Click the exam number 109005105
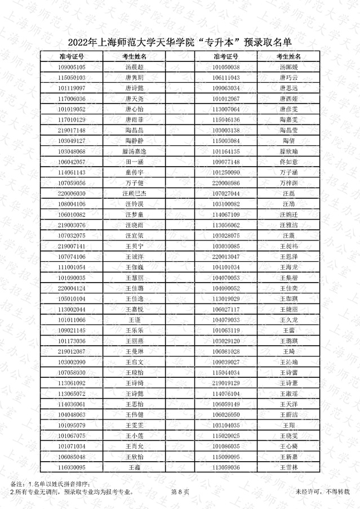coord(72,67)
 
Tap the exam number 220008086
coord(226,183)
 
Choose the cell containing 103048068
coord(72,151)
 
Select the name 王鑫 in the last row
coord(134,467)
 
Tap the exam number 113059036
coord(226,467)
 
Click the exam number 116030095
coord(72,467)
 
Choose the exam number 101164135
coord(226,151)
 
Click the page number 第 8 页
coord(180,492)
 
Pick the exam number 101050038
coord(226,67)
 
